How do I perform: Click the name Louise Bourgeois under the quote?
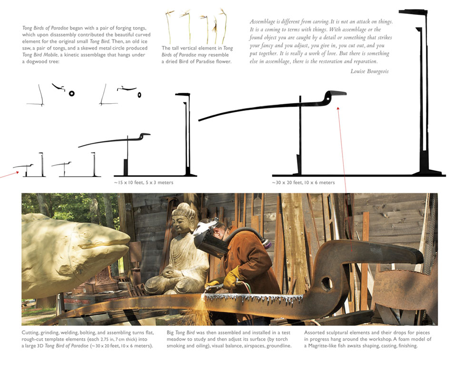click(369, 71)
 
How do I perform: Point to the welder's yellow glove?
click(232, 278)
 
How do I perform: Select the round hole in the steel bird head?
click(326, 284)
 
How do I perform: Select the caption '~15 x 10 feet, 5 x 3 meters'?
click(144, 183)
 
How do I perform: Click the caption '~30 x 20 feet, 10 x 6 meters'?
click(303, 183)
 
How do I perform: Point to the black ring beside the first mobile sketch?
click(72, 93)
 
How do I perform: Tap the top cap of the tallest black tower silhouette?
click(413, 12)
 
